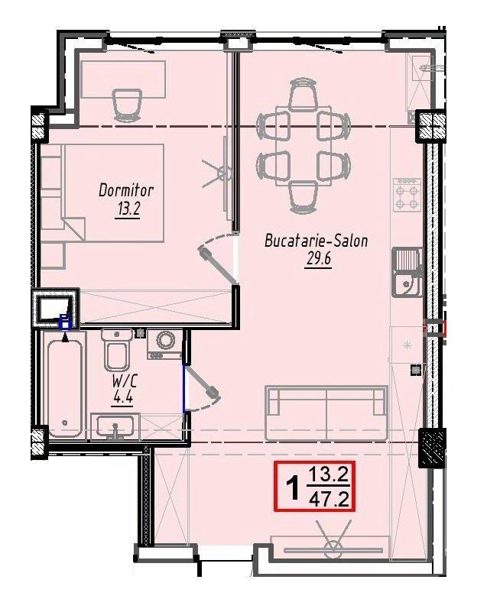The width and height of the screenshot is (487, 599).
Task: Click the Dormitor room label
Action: tap(126, 190)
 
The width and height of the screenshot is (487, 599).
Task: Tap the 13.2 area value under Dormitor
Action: tap(127, 209)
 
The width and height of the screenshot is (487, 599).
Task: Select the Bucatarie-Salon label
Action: tap(317, 241)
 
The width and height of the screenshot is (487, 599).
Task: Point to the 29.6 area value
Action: tap(318, 259)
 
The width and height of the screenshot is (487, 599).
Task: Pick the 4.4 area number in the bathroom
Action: tap(122, 397)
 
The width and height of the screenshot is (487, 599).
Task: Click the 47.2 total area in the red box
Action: tap(330, 498)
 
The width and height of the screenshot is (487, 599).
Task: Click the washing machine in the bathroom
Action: tap(165, 344)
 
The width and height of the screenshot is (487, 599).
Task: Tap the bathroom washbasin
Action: tap(115, 426)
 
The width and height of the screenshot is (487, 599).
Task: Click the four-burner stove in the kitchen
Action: tap(407, 195)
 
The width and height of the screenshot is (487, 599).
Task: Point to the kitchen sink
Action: tap(407, 272)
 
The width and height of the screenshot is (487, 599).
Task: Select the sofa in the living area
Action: tap(326, 413)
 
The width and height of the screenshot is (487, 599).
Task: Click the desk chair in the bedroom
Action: tap(128, 104)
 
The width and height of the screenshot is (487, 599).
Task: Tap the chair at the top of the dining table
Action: tap(304, 95)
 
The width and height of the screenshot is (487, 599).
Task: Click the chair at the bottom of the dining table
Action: tap(304, 198)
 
